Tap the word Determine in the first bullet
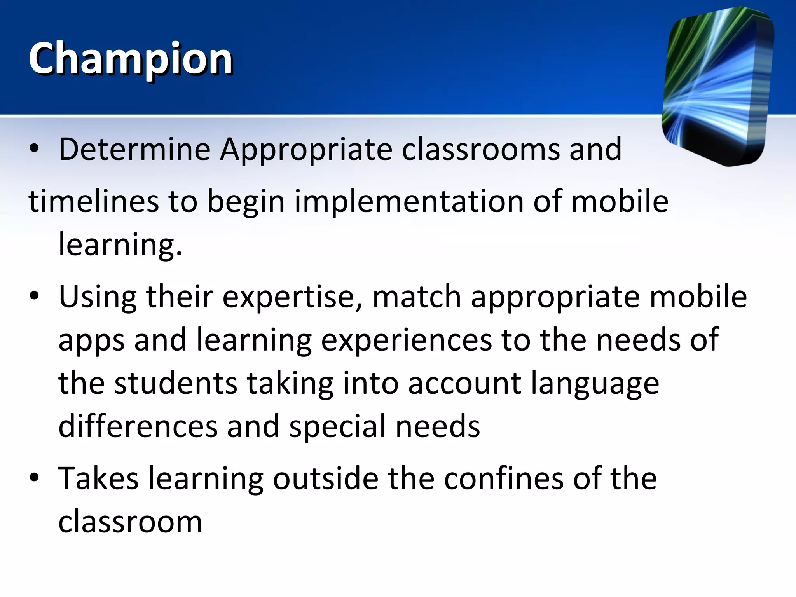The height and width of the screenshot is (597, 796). (x=134, y=149)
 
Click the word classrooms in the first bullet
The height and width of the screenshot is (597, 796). (x=480, y=149)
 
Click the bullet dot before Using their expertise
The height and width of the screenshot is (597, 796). (x=34, y=296)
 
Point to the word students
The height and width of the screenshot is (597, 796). (x=176, y=383)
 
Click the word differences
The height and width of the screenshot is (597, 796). (x=138, y=427)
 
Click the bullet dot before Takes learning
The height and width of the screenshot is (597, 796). (x=34, y=478)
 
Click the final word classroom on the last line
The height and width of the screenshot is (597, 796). (x=130, y=522)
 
